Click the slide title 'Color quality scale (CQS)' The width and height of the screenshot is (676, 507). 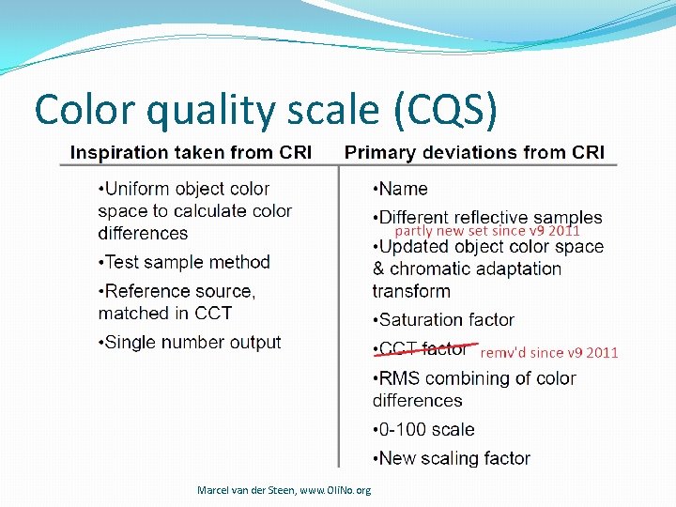click(x=265, y=110)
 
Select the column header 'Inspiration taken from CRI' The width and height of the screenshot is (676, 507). click(x=191, y=152)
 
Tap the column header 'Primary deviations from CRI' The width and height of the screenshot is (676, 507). click(x=474, y=152)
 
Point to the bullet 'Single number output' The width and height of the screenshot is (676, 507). click(x=190, y=343)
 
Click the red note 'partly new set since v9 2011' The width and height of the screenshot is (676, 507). click(x=486, y=231)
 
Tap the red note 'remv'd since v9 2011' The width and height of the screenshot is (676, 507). click(x=549, y=353)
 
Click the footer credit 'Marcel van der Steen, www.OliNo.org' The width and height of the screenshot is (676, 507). click(x=284, y=490)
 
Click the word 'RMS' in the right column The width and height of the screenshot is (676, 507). click(x=399, y=378)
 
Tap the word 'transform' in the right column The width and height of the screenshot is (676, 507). click(x=411, y=291)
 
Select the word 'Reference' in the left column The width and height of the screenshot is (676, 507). click(x=146, y=291)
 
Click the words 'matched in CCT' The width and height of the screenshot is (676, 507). click(x=165, y=313)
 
